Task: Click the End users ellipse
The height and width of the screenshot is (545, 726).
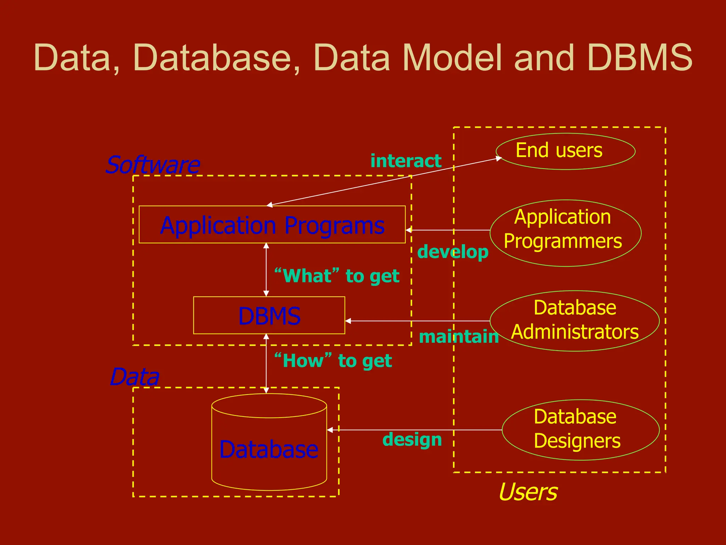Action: (565, 151)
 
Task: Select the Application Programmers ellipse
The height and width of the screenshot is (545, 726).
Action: (565, 233)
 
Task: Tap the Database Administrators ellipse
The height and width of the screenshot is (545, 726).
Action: (574, 321)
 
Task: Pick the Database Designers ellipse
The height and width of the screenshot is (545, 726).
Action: (580, 430)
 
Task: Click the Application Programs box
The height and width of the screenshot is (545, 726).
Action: (272, 225)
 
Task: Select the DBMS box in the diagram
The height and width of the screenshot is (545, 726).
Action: (269, 315)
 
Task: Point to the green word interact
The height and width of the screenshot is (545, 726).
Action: (406, 161)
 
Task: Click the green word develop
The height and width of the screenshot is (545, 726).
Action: (453, 252)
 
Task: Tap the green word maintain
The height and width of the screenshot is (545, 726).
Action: (459, 337)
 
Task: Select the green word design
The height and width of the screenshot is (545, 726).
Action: (412, 440)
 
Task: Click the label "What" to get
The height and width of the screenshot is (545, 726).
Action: (337, 276)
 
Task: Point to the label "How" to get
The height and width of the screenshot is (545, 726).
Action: (333, 361)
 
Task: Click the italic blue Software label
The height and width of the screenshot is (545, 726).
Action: (153, 165)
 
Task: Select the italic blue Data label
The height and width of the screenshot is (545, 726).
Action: (135, 377)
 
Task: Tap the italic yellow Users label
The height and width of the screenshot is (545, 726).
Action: (528, 492)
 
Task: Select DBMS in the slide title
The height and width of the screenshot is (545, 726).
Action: (639, 58)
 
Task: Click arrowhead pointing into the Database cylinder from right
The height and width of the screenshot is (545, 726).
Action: (330, 430)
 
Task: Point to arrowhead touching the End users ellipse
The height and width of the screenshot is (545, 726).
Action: (499, 159)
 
